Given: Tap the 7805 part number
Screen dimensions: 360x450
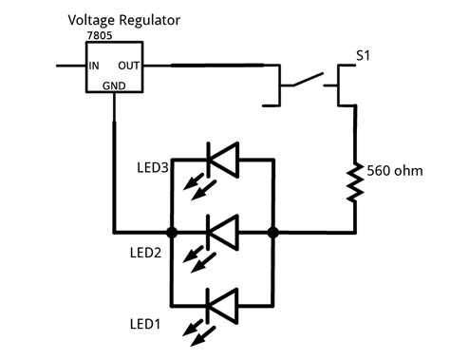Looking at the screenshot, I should click(99, 45).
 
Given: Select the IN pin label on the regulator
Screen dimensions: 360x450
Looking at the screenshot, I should click(94, 66).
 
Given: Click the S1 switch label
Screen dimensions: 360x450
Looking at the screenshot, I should click(364, 57).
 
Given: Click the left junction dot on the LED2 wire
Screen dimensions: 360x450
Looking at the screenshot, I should click(172, 231).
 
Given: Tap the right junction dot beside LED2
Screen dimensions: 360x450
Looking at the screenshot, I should click(272, 231).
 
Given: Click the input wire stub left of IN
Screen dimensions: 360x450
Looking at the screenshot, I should click(69, 66).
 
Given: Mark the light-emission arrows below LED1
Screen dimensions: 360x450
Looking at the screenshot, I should click(197, 333).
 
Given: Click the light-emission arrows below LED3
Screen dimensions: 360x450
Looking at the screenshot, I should click(197, 187).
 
